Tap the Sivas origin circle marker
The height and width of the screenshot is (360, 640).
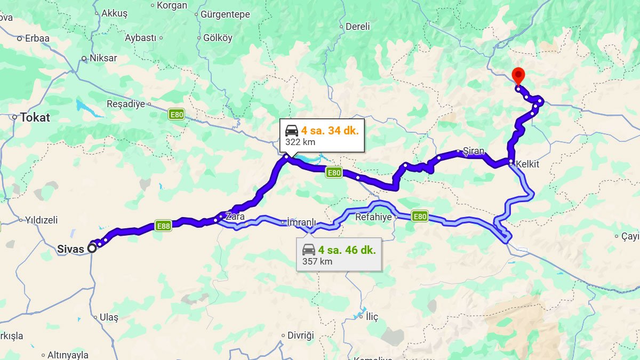[x=92, y=247]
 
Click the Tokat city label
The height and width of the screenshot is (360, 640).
[x=35, y=117]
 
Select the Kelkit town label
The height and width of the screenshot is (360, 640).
[x=527, y=164]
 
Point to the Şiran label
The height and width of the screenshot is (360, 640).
[x=473, y=151]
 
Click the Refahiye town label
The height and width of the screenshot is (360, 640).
[x=373, y=217]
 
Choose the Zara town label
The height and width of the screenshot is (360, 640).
[x=235, y=217]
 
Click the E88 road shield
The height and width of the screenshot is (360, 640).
[x=163, y=226]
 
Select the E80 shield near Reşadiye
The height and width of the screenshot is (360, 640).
[x=177, y=114]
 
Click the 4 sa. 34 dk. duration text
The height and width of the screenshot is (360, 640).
[x=330, y=130]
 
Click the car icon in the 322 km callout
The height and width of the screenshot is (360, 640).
[x=292, y=130]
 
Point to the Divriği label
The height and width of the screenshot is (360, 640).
[x=300, y=335]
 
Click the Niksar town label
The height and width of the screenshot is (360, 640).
[x=103, y=58]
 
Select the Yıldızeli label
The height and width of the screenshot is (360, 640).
[x=41, y=220]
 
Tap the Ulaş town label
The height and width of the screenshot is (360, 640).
[x=109, y=317]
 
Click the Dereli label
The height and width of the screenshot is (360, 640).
[x=357, y=26]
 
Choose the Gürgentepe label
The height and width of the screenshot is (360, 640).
[x=225, y=14]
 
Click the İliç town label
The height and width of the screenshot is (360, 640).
[x=372, y=317]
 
